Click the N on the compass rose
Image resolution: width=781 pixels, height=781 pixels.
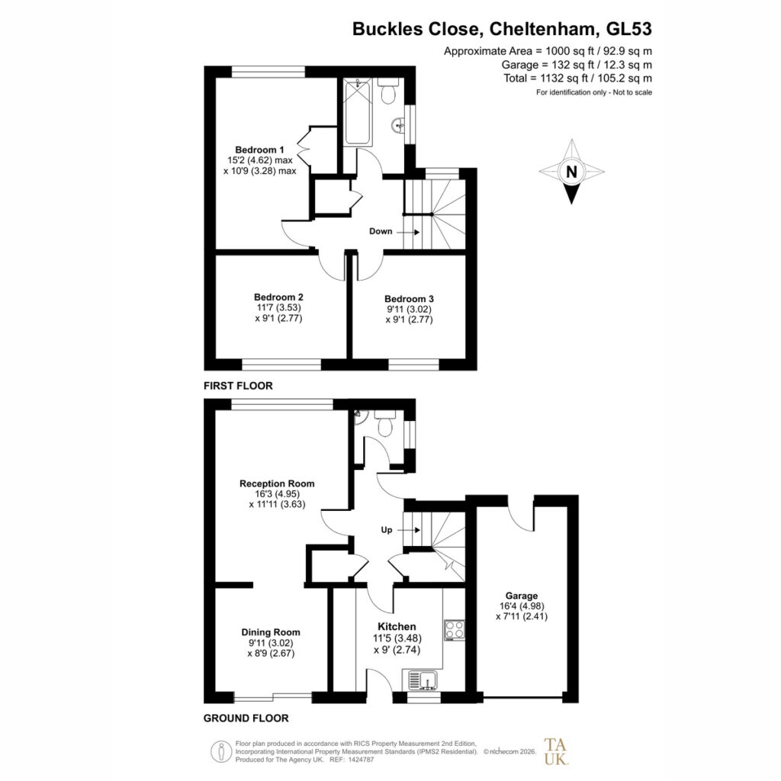tap(571, 172)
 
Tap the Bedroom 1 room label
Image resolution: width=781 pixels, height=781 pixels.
tap(259, 150)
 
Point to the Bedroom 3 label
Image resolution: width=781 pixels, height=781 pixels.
tap(409, 299)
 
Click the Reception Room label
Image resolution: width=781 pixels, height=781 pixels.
tap(277, 484)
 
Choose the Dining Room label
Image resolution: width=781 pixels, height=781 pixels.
tap(271, 632)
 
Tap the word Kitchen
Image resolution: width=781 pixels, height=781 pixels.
tap(397, 627)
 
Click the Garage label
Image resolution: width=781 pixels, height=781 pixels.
tap(522, 596)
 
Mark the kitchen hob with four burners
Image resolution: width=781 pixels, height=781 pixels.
tap(455, 630)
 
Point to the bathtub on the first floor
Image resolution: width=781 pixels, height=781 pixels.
tap(358, 112)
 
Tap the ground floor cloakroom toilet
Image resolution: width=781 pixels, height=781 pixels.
tap(385, 423)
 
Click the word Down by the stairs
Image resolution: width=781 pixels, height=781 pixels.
tap(381, 231)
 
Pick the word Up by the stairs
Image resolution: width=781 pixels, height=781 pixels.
tap(387, 530)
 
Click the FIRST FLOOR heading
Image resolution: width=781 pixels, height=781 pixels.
tap(238, 386)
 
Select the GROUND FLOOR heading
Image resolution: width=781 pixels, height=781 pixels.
tap(246, 718)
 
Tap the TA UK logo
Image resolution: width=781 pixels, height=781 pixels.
tap(555, 751)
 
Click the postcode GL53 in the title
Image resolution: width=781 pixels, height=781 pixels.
tap(628, 29)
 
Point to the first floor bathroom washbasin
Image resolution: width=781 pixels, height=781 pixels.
tap(399, 124)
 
